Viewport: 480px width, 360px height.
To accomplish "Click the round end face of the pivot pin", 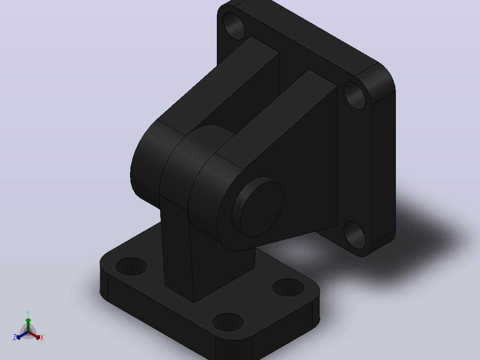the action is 262,209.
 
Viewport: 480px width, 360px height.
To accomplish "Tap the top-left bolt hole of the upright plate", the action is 234,26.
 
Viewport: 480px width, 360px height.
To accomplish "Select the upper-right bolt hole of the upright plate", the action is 354,95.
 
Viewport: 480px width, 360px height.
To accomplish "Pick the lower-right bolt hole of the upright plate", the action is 354,235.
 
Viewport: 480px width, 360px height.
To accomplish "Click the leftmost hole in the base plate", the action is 131,266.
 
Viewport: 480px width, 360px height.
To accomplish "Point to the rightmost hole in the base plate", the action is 288,287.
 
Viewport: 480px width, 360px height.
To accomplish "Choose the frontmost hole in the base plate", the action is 228,322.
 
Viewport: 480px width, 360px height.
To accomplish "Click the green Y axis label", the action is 28,313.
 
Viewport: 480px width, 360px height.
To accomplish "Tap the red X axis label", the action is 42,337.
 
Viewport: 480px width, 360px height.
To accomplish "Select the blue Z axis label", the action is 15,337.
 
